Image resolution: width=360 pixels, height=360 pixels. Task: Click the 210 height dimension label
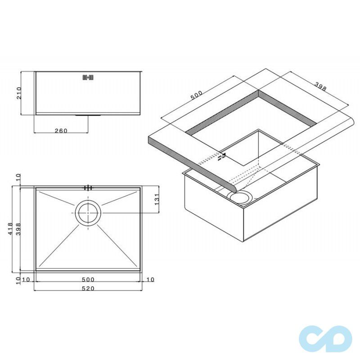pyautogui.click(x=19, y=93)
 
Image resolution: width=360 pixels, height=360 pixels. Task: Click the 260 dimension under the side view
pyautogui.click(x=61, y=130)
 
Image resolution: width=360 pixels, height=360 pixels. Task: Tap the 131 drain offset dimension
pyautogui.click(x=157, y=199)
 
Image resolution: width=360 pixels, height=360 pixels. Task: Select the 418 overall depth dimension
pyautogui.click(x=10, y=229)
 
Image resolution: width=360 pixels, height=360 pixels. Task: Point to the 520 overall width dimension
pyautogui.click(x=88, y=288)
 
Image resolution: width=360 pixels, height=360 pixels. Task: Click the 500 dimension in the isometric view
pyautogui.click(x=197, y=95)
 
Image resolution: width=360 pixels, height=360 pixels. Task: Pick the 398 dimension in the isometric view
pyautogui.click(x=320, y=86)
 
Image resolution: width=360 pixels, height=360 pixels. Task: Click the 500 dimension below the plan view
pyautogui.click(x=88, y=279)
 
